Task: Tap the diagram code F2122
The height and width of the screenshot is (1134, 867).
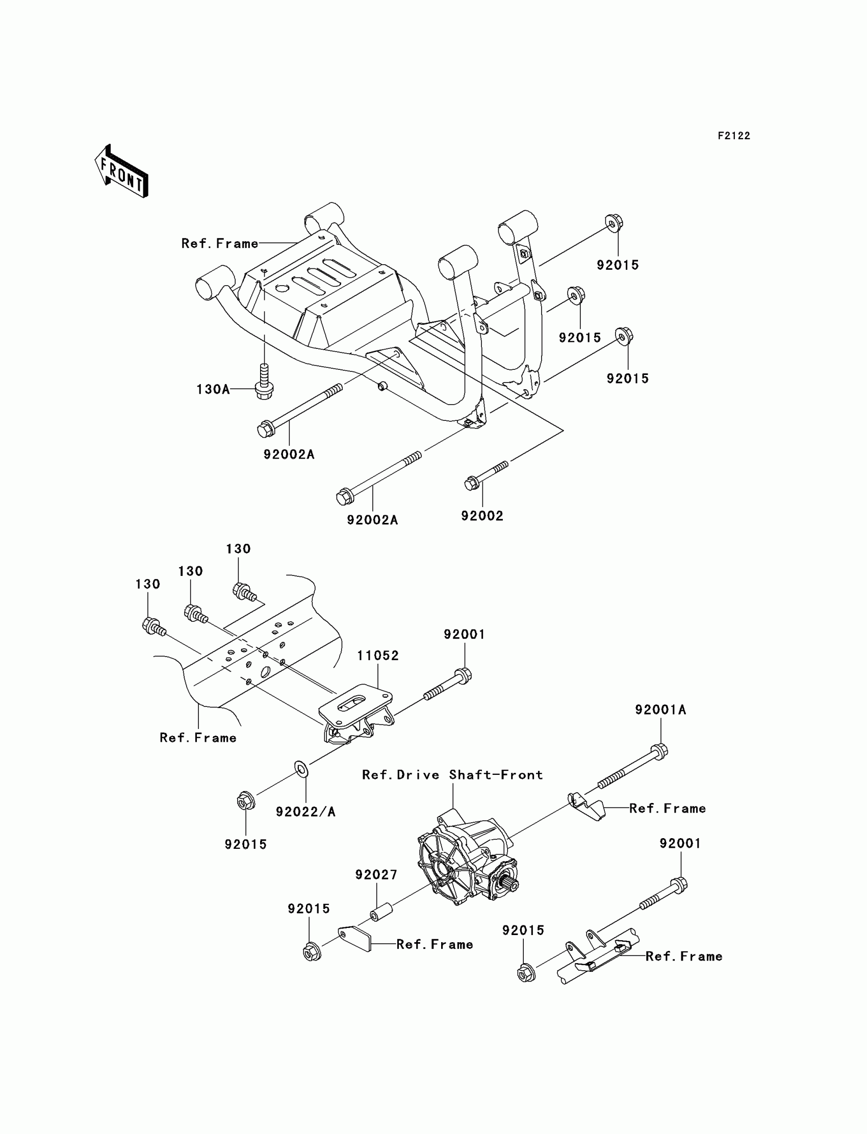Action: point(733,136)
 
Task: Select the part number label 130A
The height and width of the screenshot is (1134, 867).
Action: point(213,389)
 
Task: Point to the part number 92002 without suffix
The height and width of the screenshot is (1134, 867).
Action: point(482,516)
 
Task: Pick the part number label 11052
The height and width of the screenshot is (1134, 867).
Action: point(378,656)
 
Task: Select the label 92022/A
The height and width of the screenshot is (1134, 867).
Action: point(305,812)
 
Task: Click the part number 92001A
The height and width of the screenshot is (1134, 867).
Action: point(660,710)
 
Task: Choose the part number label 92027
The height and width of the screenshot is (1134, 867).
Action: point(376,875)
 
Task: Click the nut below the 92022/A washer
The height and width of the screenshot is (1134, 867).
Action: point(244,801)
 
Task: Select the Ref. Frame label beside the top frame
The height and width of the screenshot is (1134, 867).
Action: point(220,244)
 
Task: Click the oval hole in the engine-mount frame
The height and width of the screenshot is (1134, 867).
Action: point(266,671)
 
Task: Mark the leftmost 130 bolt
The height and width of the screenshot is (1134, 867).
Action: point(151,626)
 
